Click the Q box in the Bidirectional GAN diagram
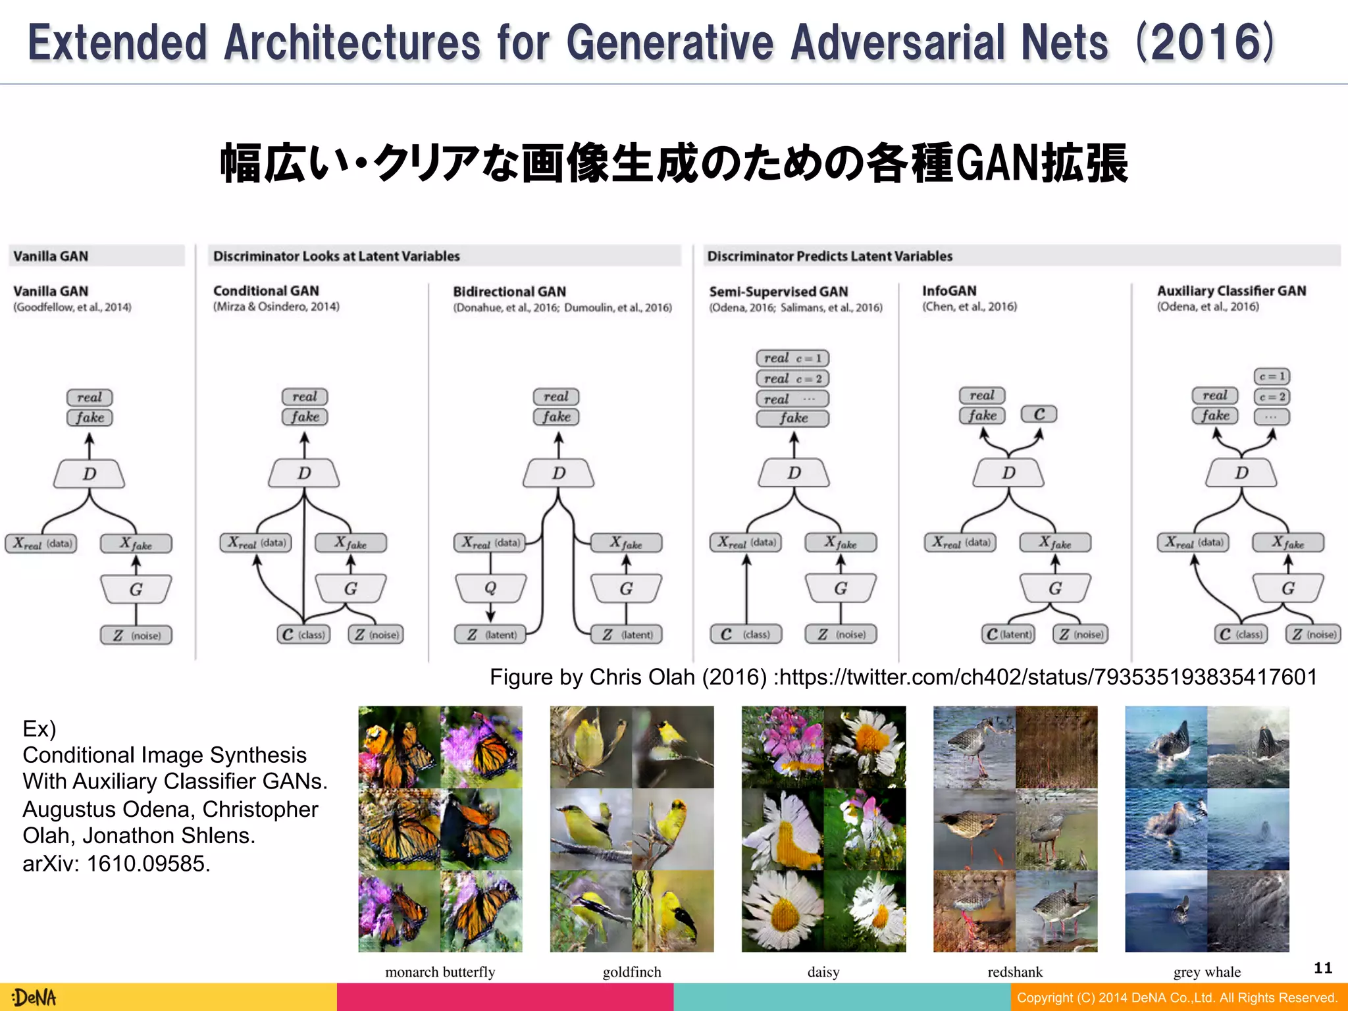click(x=490, y=588)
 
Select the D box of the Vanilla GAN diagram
click(x=90, y=474)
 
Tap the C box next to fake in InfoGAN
click(x=1039, y=414)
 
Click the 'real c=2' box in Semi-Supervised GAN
click(x=792, y=378)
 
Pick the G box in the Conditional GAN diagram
click(x=350, y=588)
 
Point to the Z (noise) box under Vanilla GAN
click(x=136, y=635)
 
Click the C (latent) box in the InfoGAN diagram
click(x=1008, y=634)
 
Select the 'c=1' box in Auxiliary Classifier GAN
click(x=1272, y=376)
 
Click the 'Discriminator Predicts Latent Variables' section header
click(x=829, y=256)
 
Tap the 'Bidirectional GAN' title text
click(x=509, y=292)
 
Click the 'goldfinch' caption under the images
click(x=631, y=972)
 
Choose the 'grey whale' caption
click(x=1206, y=972)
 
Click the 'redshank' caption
click(x=1015, y=972)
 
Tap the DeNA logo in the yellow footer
click(x=34, y=997)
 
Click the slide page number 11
click(x=1322, y=968)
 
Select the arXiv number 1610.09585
click(x=148, y=863)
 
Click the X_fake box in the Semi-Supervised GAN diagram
click(x=841, y=543)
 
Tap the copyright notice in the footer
click(x=1177, y=998)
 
